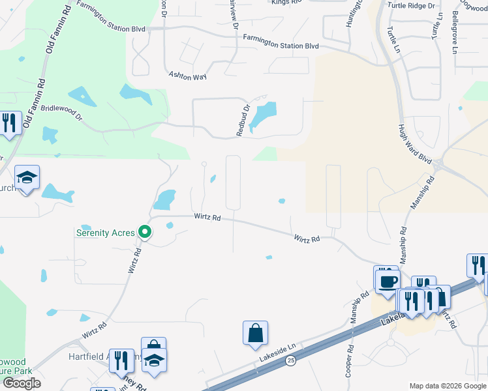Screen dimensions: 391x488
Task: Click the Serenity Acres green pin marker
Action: coord(146,232)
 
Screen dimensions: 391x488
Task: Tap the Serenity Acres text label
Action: coord(106,233)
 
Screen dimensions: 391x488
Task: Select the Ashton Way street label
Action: coord(187,76)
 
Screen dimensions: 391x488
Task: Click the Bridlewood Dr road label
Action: coord(62,113)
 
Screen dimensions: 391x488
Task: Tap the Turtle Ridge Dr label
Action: coord(411,6)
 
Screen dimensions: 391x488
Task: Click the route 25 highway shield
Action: coord(290,360)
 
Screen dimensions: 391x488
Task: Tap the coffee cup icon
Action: coord(386,280)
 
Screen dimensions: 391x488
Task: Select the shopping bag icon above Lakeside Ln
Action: coord(255,333)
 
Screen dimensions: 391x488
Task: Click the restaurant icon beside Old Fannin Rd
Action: coord(9,123)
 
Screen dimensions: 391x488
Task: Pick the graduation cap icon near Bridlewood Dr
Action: coord(27,177)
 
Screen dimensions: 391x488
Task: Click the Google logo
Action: coord(22,383)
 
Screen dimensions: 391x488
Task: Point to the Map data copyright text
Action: coord(447,385)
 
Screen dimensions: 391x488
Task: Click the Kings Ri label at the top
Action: coord(287,3)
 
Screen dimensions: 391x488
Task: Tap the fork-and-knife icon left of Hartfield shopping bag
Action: coord(121,360)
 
